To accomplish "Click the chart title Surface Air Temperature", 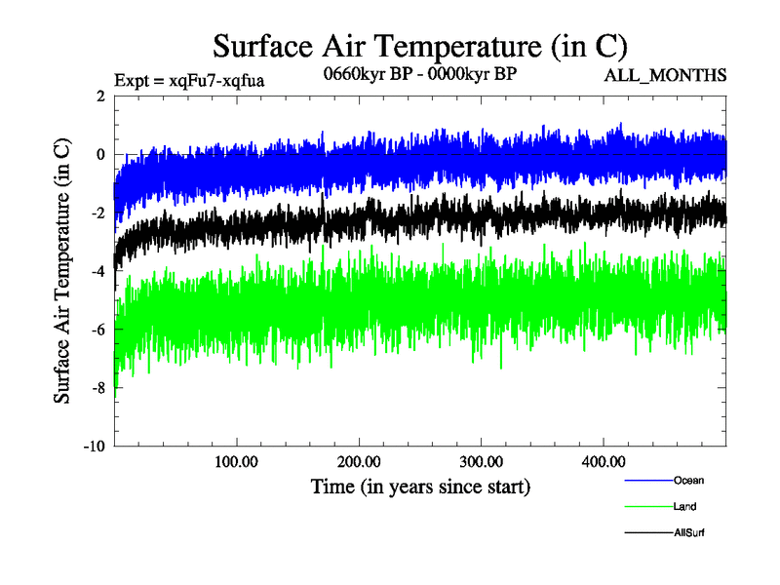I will pyautogui.click(x=419, y=46).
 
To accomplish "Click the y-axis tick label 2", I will pyautogui.click(x=100, y=96).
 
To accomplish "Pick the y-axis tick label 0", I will pyautogui.click(x=100, y=154).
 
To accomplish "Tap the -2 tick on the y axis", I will pyautogui.click(x=97, y=213).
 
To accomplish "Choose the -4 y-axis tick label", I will pyautogui.click(x=97, y=271).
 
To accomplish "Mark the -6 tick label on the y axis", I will pyautogui.click(x=97, y=330).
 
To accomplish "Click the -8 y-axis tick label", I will pyautogui.click(x=97, y=388).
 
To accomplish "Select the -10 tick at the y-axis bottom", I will pyautogui.click(x=94, y=447).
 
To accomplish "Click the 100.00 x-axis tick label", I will pyautogui.click(x=236, y=461).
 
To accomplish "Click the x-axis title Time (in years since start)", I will pyautogui.click(x=420, y=486).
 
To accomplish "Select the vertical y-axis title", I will pyautogui.click(x=61, y=271).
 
